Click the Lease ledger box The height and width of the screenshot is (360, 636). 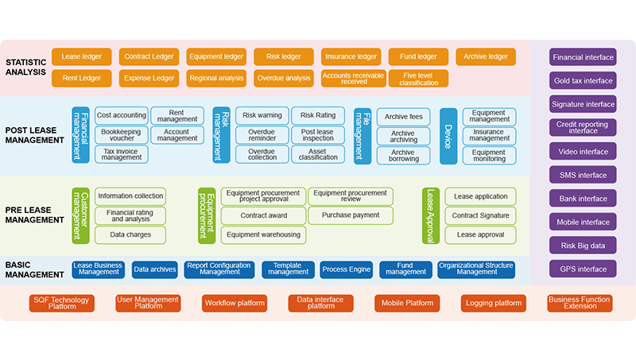pos(81,56)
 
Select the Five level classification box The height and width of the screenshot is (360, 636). pos(418,79)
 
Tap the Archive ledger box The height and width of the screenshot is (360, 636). pos(485,56)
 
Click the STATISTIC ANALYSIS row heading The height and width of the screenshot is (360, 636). pos(26,68)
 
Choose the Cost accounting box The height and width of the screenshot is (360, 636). pos(121,115)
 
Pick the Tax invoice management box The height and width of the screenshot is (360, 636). pos(121,154)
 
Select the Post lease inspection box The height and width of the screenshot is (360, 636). pos(318,134)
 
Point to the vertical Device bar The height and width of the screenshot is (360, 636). pos(448,135)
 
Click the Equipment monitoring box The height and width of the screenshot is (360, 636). pos(489,154)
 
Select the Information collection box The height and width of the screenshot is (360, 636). pos(130,195)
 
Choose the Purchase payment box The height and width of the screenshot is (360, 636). pos(351,215)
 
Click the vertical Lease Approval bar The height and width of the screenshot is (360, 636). pos(431,215)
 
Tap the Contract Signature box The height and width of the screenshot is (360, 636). pos(481,215)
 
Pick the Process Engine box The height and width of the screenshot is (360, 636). pos(346,269)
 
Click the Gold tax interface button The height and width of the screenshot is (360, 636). pos(583,80)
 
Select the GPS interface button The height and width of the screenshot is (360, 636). pos(583,269)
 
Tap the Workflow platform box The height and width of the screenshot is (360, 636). pos(235,303)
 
